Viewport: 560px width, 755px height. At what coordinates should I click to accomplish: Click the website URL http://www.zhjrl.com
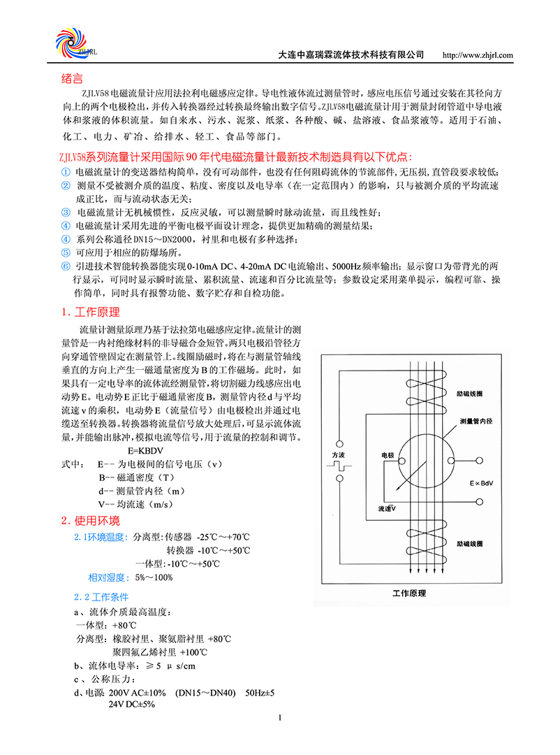(x=478, y=55)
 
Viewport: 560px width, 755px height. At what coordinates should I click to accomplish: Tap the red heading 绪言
(x=73, y=78)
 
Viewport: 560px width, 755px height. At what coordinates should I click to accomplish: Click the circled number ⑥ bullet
(x=66, y=266)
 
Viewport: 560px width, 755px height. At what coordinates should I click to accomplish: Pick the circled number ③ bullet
(x=66, y=212)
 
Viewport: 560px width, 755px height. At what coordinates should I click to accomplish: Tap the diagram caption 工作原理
(x=408, y=594)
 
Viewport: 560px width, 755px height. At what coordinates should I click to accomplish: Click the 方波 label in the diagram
(x=338, y=455)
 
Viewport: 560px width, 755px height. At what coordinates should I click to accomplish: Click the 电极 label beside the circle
(x=388, y=456)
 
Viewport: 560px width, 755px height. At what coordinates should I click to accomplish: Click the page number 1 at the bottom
(x=279, y=717)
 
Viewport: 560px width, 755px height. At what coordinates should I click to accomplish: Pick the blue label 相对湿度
(x=107, y=577)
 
